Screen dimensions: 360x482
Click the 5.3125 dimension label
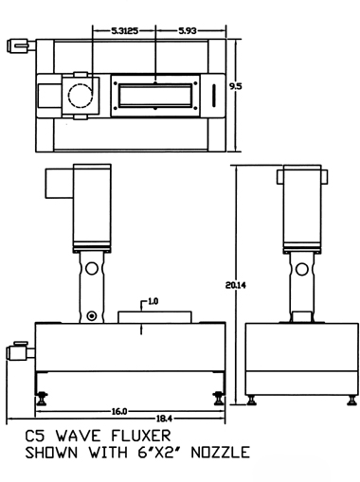tap(125, 31)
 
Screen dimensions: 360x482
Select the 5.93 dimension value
tap(188, 31)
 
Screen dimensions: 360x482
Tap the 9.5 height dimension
tap(236, 86)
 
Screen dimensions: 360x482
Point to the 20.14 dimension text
tap(236, 285)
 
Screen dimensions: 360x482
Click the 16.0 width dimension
tap(119, 412)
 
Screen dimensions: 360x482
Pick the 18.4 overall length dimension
tap(164, 419)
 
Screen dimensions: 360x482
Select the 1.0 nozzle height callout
tap(153, 301)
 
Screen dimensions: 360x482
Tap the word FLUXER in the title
tap(141, 436)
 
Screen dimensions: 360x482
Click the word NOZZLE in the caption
tap(221, 453)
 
